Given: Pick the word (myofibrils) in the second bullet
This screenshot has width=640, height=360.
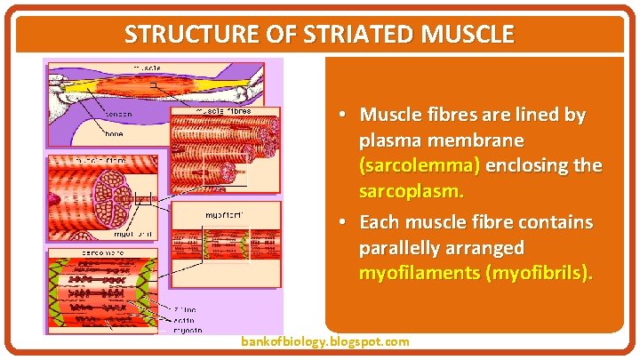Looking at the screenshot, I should click(x=539, y=272).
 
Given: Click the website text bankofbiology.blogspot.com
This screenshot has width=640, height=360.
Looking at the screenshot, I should click(x=325, y=341).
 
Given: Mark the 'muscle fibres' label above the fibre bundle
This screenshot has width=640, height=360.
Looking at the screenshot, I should click(x=223, y=111).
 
